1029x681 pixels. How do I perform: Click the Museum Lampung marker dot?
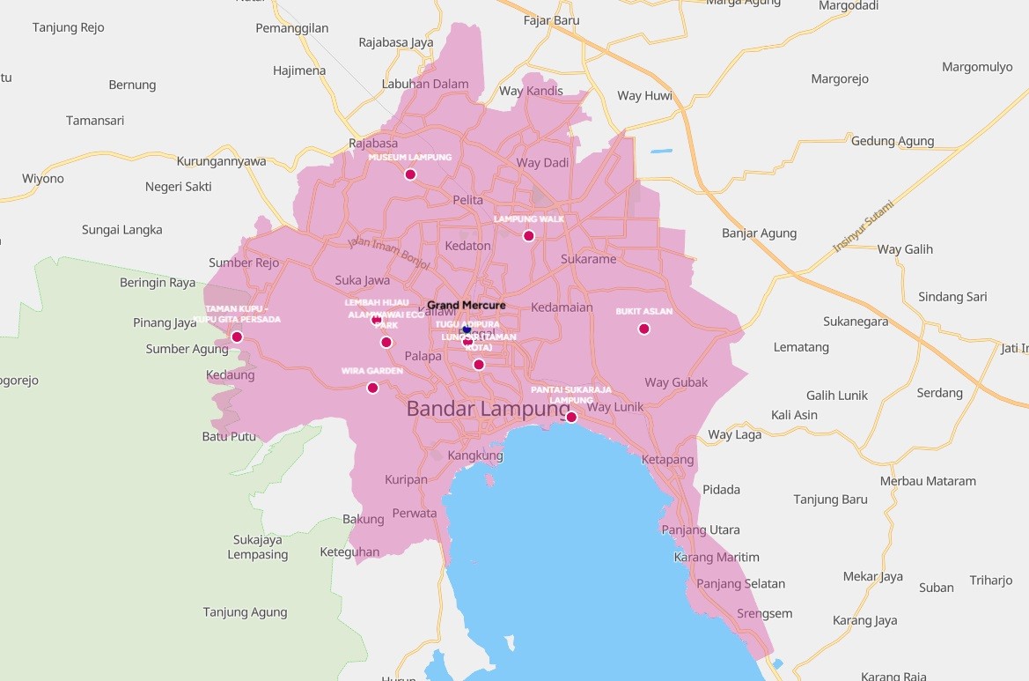coord(410,174)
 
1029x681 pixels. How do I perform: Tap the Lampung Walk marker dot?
coord(528,235)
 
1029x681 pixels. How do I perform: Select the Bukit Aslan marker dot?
coord(643,329)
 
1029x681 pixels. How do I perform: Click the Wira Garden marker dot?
coord(372,388)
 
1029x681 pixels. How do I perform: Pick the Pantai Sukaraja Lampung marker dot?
coord(571,417)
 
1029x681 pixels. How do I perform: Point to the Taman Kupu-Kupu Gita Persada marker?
coord(237,337)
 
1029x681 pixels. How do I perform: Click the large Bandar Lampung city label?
coord(489,410)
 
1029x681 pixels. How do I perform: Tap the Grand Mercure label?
coord(467,306)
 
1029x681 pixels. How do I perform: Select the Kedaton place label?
coord(467,246)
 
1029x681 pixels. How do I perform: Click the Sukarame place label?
coord(589,259)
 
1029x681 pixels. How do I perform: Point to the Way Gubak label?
coord(676,382)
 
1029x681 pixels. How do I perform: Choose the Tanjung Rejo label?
coord(69,27)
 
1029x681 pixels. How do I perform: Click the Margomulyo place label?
coord(977,67)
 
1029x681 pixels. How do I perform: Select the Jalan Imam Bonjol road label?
coord(387,252)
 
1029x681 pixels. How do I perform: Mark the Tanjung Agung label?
coord(245,612)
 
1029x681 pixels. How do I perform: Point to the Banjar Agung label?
coord(759,233)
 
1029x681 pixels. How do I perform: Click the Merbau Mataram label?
coord(928,481)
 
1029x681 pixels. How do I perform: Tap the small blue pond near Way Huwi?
coord(661,152)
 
